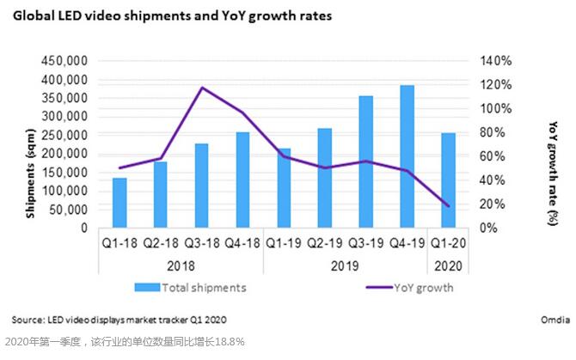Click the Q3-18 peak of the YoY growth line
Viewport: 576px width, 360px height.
(202, 88)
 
